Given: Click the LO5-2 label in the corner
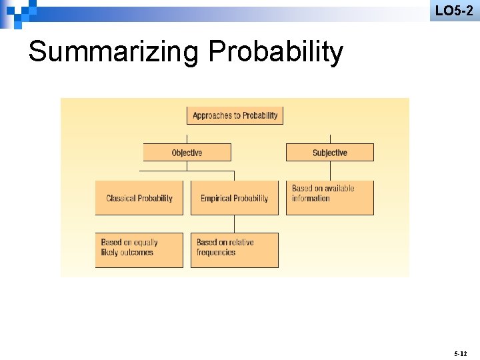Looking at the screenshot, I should tap(454, 10).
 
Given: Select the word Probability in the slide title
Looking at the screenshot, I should tap(276, 51).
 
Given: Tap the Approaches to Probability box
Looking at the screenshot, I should tap(235, 115).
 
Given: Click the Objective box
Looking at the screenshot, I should tap(187, 153).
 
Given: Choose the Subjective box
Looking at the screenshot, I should tap(329, 153).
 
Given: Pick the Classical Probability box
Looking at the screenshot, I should tap(139, 198).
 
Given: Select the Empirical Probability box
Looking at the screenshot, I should tap(234, 198).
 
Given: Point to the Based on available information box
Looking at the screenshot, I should tap(329, 197).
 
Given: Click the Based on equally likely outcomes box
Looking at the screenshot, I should tap(139, 250).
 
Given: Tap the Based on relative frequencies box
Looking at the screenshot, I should tap(234, 250).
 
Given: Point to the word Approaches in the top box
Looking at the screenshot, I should tap(212, 115).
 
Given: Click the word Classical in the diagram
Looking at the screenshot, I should tap(121, 198).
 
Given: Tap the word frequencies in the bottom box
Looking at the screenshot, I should tap(216, 253).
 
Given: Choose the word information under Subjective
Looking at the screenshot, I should tap(311, 199).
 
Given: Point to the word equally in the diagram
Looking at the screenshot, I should tap(145, 243).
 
